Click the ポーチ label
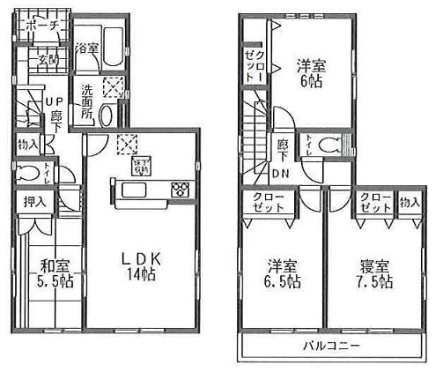[x=42, y=26]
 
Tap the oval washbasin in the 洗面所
[x=106, y=116]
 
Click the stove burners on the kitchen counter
[x=180, y=190]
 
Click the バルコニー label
[x=332, y=346]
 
